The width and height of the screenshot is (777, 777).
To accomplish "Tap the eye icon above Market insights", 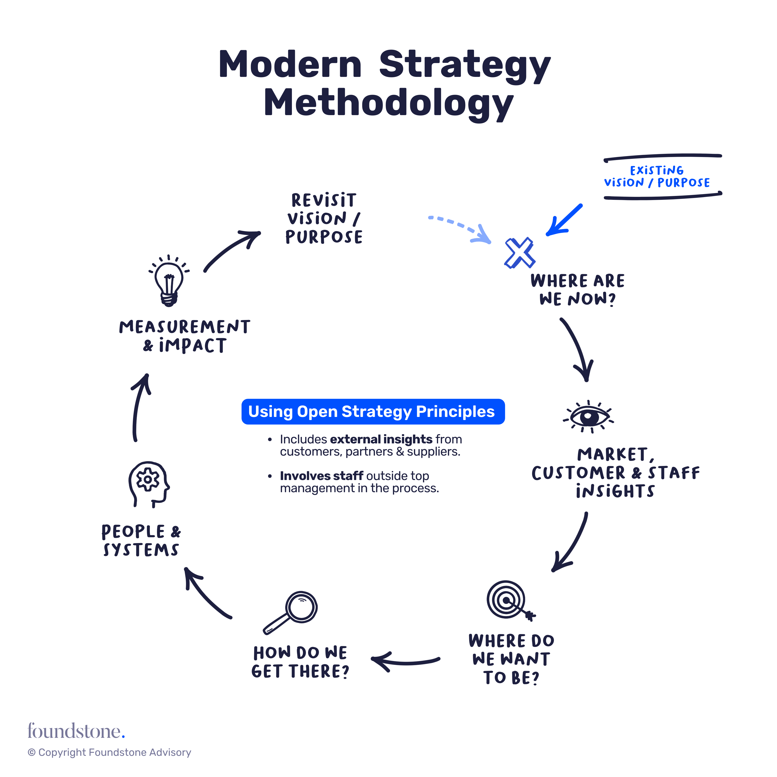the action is [588, 417].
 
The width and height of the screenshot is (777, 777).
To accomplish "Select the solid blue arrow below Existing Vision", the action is [563, 220].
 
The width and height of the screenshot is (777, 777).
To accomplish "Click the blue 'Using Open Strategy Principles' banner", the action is [373, 411].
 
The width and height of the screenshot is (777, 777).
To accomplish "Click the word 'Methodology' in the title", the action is [389, 103].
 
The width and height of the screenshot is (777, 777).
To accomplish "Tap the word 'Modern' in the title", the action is [290, 64].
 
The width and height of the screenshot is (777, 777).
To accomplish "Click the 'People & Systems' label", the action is [141, 540].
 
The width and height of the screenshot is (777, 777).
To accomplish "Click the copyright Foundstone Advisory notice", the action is [109, 752].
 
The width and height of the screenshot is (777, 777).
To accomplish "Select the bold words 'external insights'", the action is [381, 439].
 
